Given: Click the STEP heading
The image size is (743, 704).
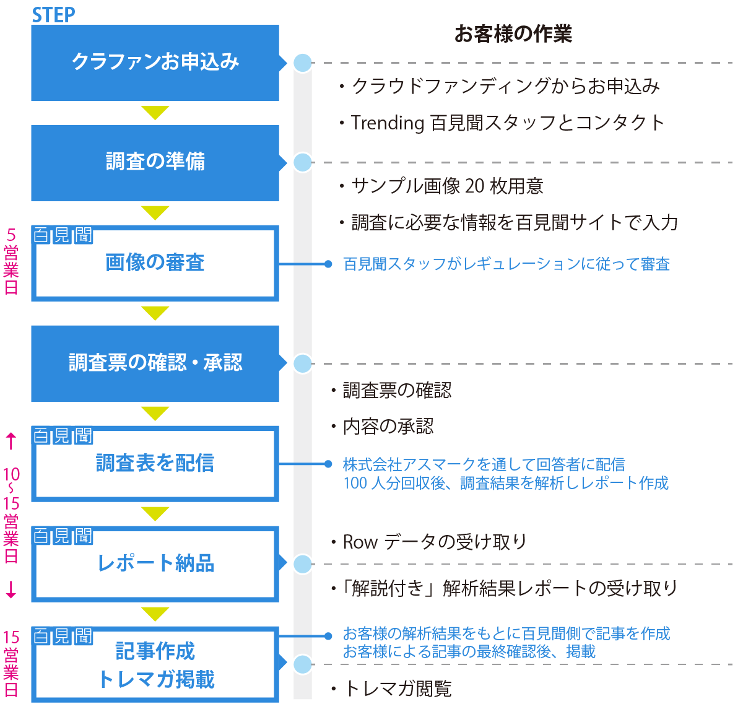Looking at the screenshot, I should click(x=53, y=15).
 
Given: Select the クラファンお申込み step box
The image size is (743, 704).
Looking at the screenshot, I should click(x=155, y=63).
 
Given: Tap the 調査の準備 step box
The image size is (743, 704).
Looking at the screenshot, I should click(x=155, y=162).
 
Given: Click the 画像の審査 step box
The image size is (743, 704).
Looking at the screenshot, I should click(x=155, y=263).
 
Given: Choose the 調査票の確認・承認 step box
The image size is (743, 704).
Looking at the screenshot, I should click(x=155, y=363).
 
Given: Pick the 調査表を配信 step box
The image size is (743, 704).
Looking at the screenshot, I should click(x=155, y=463).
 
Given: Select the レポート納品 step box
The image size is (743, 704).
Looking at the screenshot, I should click(x=155, y=563).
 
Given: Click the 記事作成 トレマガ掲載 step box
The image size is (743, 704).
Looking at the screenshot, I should click(x=155, y=665).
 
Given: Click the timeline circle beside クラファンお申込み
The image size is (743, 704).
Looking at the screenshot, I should click(x=302, y=63).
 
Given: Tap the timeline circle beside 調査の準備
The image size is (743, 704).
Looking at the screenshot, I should click(x=302, y=162).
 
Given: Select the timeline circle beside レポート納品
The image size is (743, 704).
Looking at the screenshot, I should click(x=302, y=563).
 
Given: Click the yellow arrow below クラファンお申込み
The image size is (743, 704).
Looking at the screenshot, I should click(x=155, y=113).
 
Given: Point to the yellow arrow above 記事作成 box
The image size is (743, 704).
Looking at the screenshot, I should click(x=155, y=614).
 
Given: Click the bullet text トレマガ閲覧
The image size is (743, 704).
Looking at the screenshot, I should click(x=396, y=689).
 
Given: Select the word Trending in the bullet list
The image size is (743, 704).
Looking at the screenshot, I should click(x=387, y=123).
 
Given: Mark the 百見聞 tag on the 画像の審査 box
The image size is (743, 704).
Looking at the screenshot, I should click(x=63, y=235).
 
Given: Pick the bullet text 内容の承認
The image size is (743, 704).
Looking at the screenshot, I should click(x=388, y=427).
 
